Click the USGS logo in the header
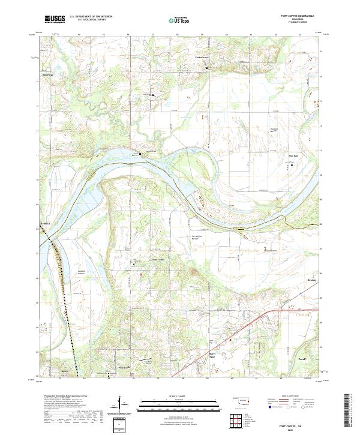[53, 20]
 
